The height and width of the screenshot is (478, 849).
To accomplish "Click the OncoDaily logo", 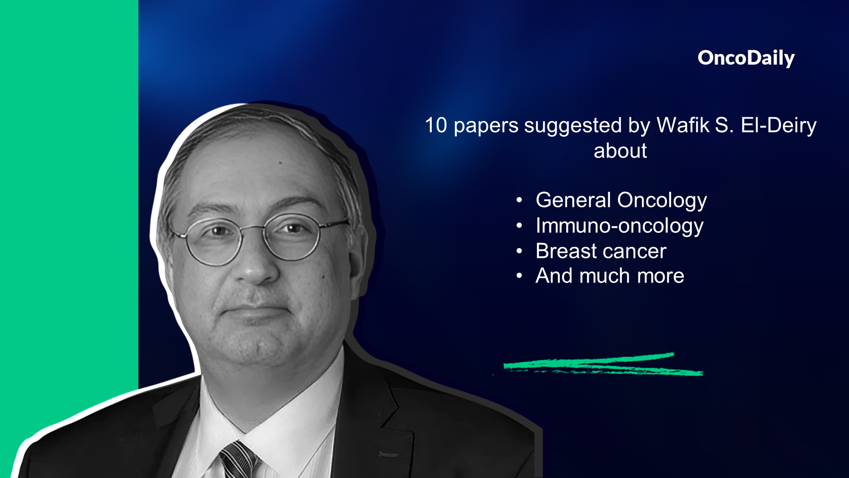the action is [746, 58].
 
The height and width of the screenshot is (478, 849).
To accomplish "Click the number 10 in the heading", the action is [436, 125].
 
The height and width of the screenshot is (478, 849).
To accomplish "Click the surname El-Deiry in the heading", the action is [779, 126].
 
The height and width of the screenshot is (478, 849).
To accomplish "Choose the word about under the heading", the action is [620, 151].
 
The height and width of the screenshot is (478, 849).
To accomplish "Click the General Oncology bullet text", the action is [621, 201].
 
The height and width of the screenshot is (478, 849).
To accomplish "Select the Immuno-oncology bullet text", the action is [619, 226].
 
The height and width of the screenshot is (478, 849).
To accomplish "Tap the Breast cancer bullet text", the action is [601, 251].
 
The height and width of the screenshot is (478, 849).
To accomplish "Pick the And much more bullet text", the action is [610, 276].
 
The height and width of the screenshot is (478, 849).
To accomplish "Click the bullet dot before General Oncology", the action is [519, 200].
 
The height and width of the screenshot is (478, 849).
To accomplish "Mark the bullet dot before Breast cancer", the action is [519, 251].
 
